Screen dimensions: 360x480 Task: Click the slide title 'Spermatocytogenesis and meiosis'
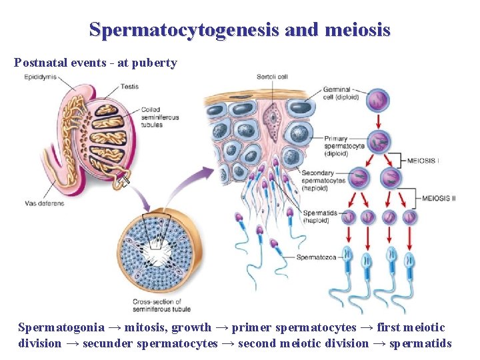pyautogui.click(x=239, y=30)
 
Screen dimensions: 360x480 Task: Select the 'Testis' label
pyautogui.click(x=130, y=87)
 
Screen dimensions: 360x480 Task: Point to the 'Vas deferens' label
pyautogui.click(x=45, y=203)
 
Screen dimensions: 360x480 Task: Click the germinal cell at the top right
pyautogui.click(x=378, y=100)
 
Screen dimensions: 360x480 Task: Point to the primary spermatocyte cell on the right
pyautogui.click(x=378, y=142)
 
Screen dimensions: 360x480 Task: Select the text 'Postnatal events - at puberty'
pyautogui.click(x=95, y=63)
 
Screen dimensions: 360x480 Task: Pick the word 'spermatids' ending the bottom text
pyautogui.click(x=424, y=343)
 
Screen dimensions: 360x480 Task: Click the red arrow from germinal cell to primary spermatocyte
pyautogui.click(x=378, y=121)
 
